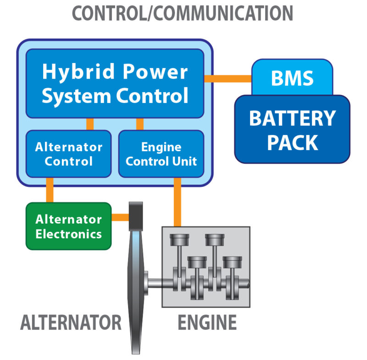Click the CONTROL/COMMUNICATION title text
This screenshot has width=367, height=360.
coord(183,14)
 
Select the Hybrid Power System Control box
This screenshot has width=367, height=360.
coord(115,84)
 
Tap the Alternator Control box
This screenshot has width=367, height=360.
coord(68,154)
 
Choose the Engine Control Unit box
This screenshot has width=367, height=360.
coord(161,154)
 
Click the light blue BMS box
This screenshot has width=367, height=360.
coord(292,78)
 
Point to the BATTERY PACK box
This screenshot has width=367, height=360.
coord(292,129)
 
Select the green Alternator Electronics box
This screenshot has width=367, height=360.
coord(68,226)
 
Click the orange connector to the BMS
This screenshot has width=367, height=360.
coord(228,79)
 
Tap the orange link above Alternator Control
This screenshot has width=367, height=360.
coord(90,124)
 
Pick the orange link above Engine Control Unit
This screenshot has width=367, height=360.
coord(140,124)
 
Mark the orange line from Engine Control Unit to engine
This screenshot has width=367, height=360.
coord(177,202)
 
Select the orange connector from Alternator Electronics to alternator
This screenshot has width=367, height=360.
coord(120,217)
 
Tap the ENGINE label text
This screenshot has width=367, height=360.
coord(207,322)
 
